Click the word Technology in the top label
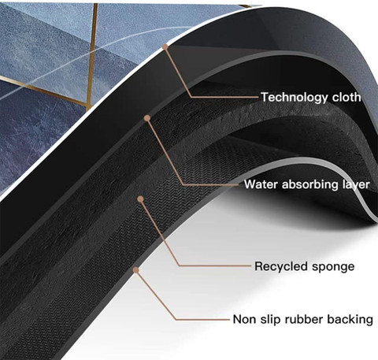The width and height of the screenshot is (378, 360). click(x=294, y=98)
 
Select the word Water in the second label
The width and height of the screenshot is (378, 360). click(x=261, y=184)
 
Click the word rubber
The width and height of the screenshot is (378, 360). click(x=304, y=319)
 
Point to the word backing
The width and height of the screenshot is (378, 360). click(x=350, y=320)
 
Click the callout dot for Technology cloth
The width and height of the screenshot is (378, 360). click(x=165, y=46)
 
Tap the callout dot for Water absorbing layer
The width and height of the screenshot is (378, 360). click(x=147, y=118)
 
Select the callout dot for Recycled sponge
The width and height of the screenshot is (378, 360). click(x=141, y=199)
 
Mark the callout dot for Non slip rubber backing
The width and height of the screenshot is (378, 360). click(x=135, y=270)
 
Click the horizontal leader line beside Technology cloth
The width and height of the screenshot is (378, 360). click(x=225, y=97)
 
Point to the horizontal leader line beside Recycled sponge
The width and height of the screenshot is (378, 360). click(x=215, y=265)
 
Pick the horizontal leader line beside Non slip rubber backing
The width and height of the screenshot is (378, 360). click(x=202, y=319)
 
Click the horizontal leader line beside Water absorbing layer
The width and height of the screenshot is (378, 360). click(x=211, y=185)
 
